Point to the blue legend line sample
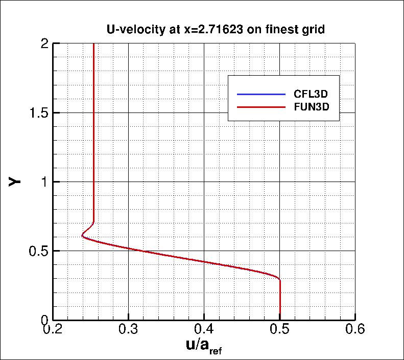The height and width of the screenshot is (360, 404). coord(260,95)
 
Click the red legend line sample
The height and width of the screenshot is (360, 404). coord(260,107)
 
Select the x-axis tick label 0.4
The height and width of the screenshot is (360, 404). coord(204,330)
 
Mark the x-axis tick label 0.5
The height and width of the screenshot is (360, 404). coord(280,330)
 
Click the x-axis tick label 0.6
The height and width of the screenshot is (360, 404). coord(355,330)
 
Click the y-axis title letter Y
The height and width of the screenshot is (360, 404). coord(16,181)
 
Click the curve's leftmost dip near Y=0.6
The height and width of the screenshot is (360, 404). coord(82,236)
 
